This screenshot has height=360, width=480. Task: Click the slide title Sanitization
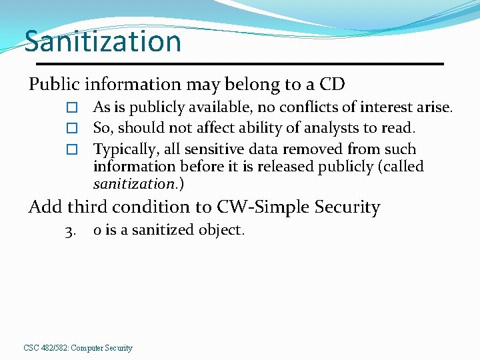coord(103,41)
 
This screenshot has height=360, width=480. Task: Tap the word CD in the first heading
coord(332,85)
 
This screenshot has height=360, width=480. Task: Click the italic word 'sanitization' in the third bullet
coord(133,183)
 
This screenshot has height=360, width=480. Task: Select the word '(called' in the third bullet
coord(401,166)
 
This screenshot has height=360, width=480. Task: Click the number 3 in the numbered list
coord(70,231)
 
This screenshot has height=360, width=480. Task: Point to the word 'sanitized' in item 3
coord(167,230)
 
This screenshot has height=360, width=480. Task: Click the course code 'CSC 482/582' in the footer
coord(45,348)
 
